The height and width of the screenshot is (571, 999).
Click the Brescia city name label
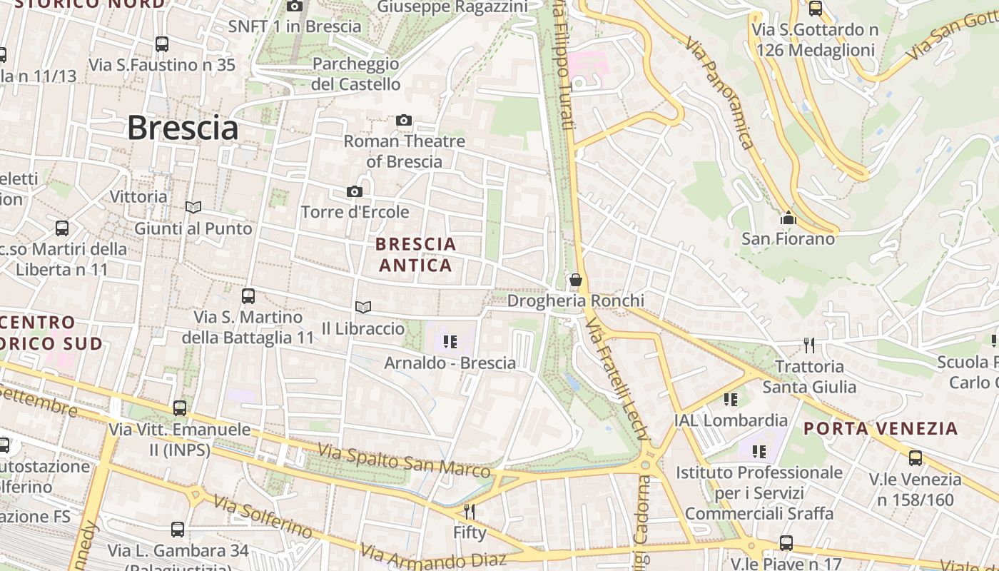point(183,128)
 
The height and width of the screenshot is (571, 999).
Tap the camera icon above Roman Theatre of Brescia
point(404,120)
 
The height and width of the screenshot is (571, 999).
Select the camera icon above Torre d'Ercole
point(354,191)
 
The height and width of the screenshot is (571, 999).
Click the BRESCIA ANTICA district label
point(415,255)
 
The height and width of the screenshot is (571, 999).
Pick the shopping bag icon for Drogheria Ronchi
point(575,280)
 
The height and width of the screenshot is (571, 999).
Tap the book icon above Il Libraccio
point(363,307)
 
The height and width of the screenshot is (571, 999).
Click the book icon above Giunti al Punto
point(193,207)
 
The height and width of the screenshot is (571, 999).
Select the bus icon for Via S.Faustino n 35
point(162,44)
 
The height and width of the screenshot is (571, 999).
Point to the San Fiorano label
point(788,238)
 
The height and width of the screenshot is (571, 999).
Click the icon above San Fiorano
point(788,218)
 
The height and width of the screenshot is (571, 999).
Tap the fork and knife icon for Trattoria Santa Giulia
point(809,345)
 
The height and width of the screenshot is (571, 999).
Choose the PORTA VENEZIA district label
point(881,428)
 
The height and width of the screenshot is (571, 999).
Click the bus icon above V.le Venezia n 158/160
point(915,458)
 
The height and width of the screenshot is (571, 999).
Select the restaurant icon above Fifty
point(470,511)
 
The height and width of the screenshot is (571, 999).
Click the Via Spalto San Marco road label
point(404,461)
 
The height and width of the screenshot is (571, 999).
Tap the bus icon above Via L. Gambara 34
point(178,530)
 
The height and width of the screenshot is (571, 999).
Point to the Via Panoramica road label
point(719,93)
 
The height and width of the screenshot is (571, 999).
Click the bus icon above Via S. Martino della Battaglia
point(248,295)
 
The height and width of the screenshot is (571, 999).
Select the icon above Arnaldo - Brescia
point(450,342)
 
